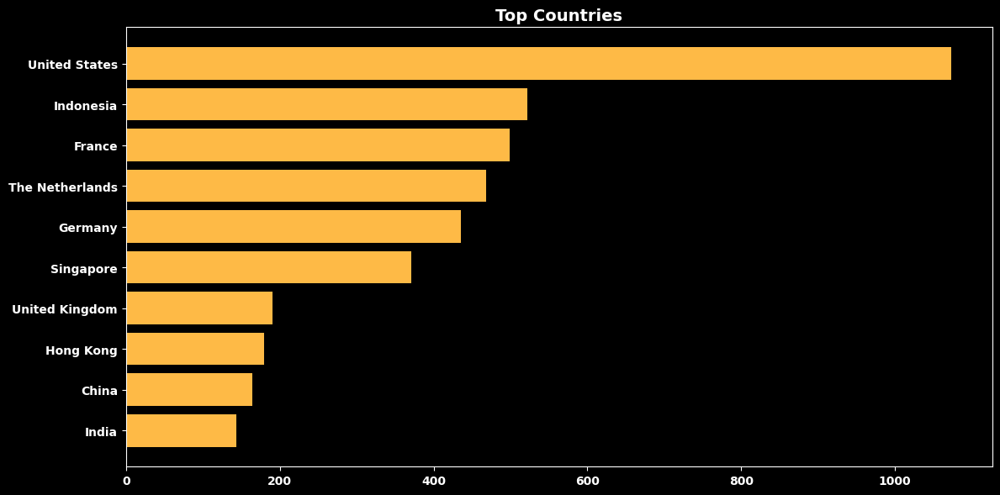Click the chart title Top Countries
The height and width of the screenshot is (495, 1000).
click(558, 15)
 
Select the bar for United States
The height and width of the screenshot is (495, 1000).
click(539, 63)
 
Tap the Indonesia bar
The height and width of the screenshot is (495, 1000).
click(327, 104)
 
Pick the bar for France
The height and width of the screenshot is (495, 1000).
click(318, 145)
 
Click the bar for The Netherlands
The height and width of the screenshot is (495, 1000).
click(306, 186)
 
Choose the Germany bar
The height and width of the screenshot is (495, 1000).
click(294, 226)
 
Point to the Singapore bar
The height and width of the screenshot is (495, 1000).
click(269, 267)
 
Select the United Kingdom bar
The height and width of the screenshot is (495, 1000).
click(199, 308)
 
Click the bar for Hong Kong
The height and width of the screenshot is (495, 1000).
click(195, 349)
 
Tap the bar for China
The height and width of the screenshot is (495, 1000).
click(189, 389)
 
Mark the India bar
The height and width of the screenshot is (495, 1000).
click(182, 430)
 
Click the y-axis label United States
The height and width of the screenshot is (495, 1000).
click(72, 65)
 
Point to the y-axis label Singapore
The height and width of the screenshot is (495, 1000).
click(84, 270)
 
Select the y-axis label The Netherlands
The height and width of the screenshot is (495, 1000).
click(63, 187)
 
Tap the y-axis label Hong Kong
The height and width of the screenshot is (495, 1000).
click(82, 351)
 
